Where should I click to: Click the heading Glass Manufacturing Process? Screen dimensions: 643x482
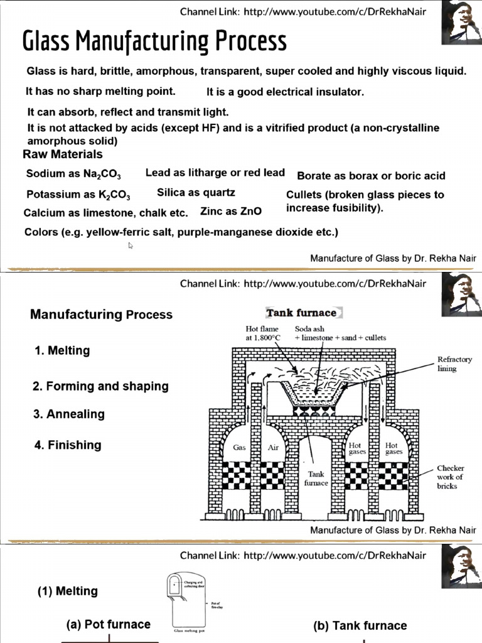[154, 41]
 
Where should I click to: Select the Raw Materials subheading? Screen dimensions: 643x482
[63, 154]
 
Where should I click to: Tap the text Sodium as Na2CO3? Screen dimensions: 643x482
[73, 174]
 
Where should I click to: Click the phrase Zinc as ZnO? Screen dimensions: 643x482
[231, 211]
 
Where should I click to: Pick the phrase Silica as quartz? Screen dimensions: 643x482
[196, 192]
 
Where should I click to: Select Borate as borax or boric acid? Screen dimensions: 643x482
[371, 176]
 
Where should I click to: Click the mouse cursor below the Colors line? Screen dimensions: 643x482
[131, 246]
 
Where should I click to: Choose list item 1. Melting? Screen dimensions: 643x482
[62, 350]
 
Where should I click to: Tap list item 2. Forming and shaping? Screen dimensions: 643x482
[100, 386]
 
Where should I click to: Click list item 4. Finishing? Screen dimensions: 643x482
[67, 445]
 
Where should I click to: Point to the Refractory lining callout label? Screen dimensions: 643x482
[454, 364]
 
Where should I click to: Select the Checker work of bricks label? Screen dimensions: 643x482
[450, 477]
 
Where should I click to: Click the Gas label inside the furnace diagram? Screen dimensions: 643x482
[239, 448]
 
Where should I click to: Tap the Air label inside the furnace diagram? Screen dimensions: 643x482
[273, 448]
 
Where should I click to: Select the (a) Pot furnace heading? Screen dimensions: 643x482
[109, 624]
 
